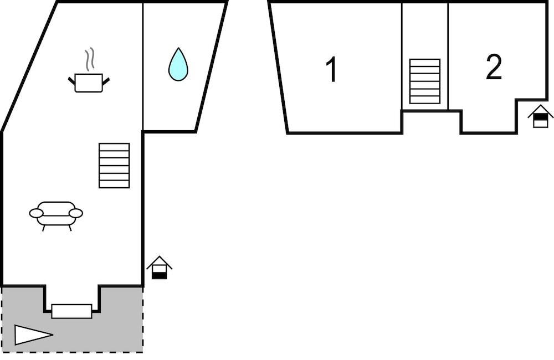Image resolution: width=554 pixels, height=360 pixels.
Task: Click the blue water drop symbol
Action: point(178,65)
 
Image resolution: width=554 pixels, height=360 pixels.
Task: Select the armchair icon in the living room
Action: point(56,214)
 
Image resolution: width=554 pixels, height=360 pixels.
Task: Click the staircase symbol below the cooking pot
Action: point(114,165)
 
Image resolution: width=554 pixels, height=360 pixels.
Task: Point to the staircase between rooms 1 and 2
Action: point(425,81)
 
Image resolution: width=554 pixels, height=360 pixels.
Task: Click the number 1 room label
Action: point(332,70)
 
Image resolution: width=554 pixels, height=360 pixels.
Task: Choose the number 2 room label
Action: point(493,67)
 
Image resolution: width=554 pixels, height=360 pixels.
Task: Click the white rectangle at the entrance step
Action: point(71,311)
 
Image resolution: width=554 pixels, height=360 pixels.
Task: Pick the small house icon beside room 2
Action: point(540,117)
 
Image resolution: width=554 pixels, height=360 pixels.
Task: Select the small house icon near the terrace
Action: point(159,268)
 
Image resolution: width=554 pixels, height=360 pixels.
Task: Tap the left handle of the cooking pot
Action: point(71,81)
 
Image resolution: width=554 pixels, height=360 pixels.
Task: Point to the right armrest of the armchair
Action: point(76,213)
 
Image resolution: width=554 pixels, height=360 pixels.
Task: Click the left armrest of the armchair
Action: point(36,213)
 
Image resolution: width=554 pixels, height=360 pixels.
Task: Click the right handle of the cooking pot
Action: point(106,81)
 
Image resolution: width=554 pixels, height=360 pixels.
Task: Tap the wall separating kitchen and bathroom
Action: point(143,66)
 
